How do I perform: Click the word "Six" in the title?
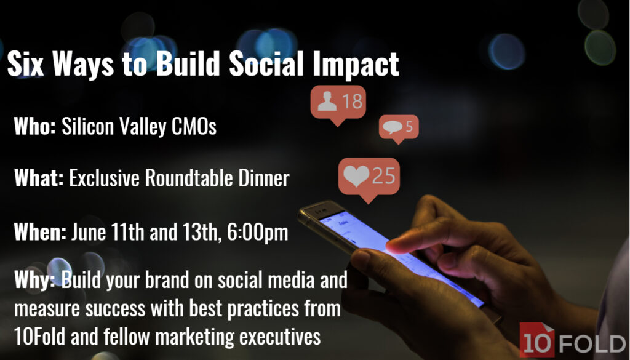click(x=25, y=63)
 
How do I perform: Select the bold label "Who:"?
click(x=34, y=126)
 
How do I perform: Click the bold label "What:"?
click(x=39, y=177)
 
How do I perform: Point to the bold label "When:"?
click(x=40, y=231)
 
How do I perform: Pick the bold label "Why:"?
click(x=34, y=280)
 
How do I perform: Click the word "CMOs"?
click(x=194, y=127)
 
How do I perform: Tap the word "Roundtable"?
click(x=189, y=178)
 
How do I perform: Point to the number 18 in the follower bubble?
click(x=352, y=101)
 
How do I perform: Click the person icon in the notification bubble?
click(x=327, y=101)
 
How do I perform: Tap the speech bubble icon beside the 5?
click(x=393, y=127)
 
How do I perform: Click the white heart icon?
click(x=356, y=175)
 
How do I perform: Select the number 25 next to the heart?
click(x=384, y=175)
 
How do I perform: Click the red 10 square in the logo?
click(x=536, y=340)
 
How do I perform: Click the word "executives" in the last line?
click(x=280, y=337)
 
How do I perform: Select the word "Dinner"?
click(x=264, y=178)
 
